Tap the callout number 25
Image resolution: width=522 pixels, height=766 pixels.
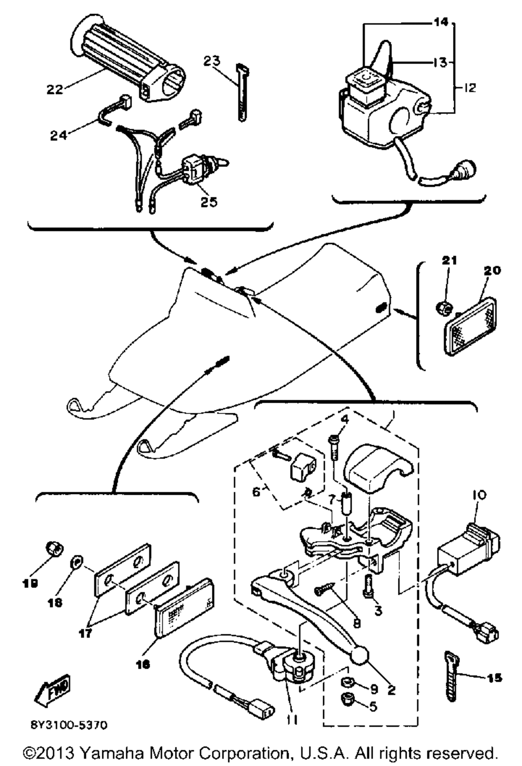tap(209, 201)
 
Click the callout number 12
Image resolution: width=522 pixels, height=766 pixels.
tap(469, 88)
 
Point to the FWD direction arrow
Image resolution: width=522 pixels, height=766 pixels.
tap(52, 690)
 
